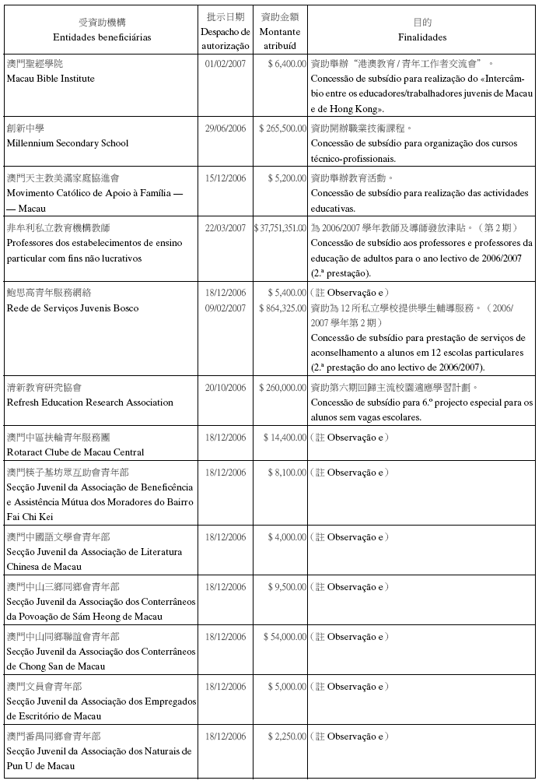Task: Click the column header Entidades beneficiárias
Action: [102, 37]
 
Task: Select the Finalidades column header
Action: [422, 37]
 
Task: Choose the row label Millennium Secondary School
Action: [67, 143]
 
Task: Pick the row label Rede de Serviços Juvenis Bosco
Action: [72, 308]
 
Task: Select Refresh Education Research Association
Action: [89, 403]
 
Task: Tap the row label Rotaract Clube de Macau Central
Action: [75, 452]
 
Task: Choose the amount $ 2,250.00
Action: [286, 736]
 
